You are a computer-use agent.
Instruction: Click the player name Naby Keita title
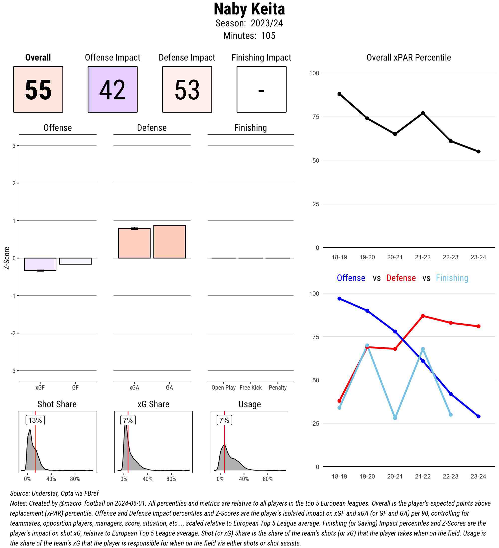(249, 9)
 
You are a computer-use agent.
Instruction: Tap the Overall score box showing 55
(38, 89)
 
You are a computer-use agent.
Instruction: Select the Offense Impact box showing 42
(113, 89)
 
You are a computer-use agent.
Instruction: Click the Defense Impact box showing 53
(187, 89)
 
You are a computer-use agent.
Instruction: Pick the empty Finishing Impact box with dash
(261, 89)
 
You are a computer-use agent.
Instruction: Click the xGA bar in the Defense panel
(134, 243)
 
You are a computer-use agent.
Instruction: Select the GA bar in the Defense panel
(169, 242)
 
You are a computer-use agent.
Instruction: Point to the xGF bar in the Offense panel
(40, 264)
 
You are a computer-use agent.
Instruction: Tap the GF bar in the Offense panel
(75, 261)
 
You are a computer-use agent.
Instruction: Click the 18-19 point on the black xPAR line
(339, 94)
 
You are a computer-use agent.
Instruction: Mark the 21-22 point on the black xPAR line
(423, 113)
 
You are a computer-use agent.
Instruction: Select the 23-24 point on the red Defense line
(478, 326)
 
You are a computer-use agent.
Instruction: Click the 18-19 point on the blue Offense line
(339, 298)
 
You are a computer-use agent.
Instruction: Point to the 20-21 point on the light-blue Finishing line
(395, 418)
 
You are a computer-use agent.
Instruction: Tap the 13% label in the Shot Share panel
(35, 420)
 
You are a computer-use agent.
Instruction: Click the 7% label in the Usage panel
(224, 420)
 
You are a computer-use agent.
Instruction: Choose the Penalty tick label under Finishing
(278, 387)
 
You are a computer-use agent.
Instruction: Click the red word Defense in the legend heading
(401, 278)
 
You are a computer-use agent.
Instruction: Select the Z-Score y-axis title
(6, 258)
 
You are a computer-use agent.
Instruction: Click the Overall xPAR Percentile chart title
(409, 58)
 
